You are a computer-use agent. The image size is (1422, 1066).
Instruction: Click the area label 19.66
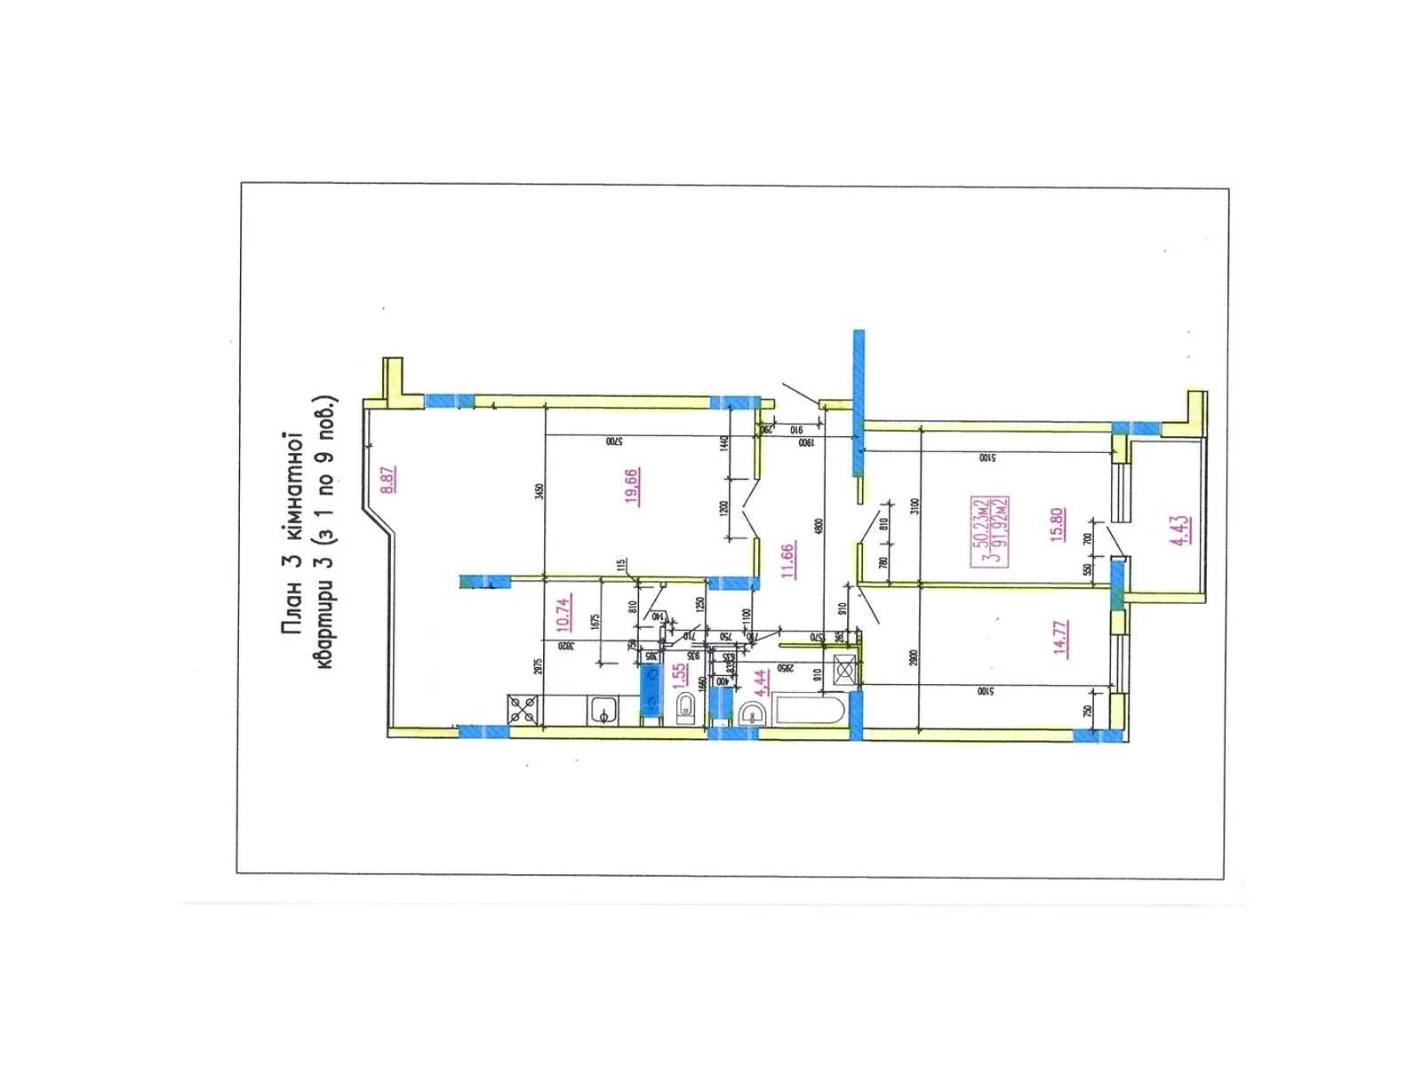click(632, 486)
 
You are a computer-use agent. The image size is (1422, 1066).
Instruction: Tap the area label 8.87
click(388, 480)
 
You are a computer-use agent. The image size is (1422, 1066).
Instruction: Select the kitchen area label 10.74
click(563, 614)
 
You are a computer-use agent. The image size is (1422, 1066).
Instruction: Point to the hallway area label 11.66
click(787, 561)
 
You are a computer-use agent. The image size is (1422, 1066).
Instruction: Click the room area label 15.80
click(1057, 524)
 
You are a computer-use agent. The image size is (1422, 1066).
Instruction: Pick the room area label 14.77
click(1059, 638)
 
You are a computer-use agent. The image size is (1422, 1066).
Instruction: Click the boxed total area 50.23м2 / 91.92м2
click(989, 530)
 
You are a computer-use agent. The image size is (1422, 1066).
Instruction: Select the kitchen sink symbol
click(603, 711)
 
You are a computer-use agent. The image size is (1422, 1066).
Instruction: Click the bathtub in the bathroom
click(811, 711)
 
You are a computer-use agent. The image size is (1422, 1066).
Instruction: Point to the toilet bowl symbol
click(687, 709)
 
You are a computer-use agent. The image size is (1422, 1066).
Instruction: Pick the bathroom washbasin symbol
click(752, 713)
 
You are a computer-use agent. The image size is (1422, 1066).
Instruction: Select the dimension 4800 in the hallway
click(819, 526)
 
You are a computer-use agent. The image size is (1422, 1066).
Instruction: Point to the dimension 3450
click(539, 491)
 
